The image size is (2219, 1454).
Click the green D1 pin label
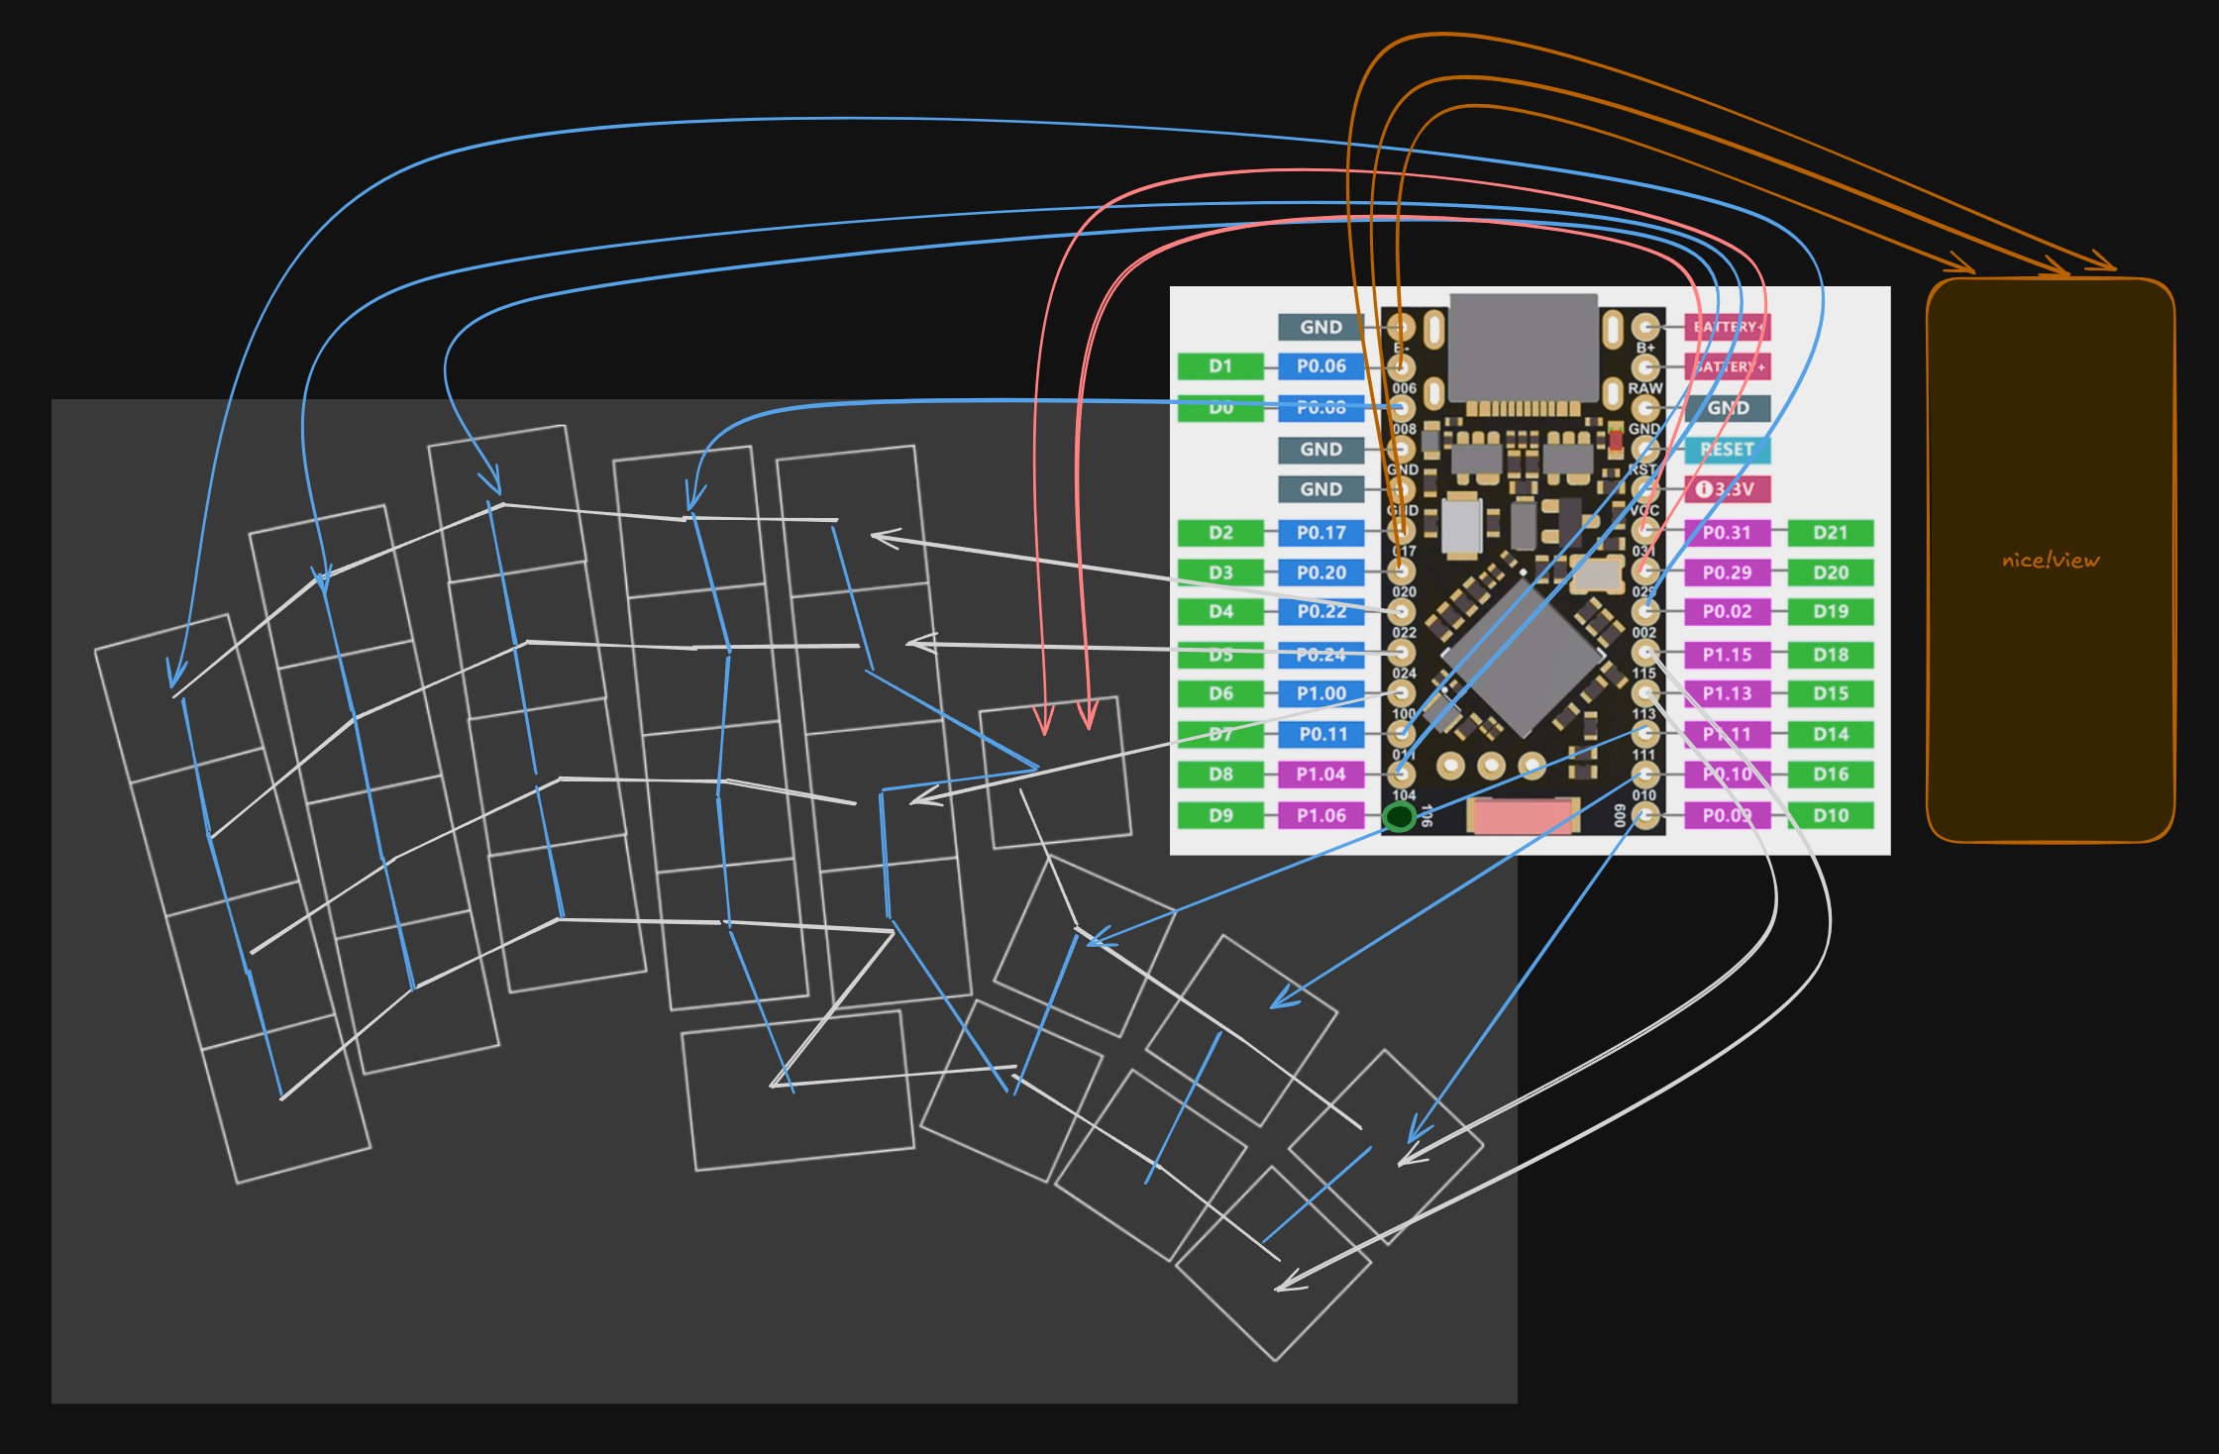pos(1220,366)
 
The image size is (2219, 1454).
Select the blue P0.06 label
pos(1321,366)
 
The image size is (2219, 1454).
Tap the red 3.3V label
pos(1727,489)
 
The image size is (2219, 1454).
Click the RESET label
pos(1727,450)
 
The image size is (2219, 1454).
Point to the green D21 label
pos(1831,533)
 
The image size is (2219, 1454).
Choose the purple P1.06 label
pos(1321,815)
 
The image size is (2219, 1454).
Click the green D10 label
pos(1831,815)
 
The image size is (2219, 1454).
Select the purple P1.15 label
pos(1727,655)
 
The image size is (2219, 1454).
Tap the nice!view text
pos(2050,561)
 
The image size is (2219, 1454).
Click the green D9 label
pos(1220,815)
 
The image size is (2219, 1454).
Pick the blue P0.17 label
pos(1321,533)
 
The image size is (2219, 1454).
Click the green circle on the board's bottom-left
pos(1399,817)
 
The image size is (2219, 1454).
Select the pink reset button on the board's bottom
pos(1524,816)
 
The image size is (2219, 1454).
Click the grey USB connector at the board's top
pos(1524,347)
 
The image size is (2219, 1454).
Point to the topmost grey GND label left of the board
pos(1321,327)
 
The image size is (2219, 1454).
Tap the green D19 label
pos(1831,612)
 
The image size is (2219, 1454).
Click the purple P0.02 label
pos(1727,612)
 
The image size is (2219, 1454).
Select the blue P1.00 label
pos(1321,694)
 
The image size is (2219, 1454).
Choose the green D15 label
pos(1831,694)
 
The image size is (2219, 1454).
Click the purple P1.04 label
pos(1321,775)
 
